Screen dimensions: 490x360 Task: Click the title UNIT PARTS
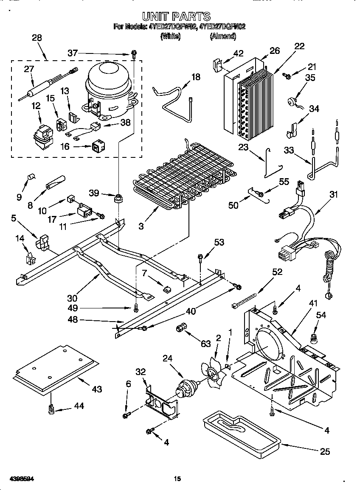[176, 17]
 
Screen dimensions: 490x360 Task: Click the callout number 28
[37, 38]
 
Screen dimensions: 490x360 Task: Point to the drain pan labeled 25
[240, 429]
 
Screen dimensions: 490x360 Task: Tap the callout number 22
[299, 46]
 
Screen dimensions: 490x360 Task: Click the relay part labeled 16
[98, 147]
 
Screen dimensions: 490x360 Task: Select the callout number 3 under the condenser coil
[141, 225]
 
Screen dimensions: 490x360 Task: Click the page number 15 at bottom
[178, 479]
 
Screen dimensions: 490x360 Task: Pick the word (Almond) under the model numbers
[222, 36]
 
